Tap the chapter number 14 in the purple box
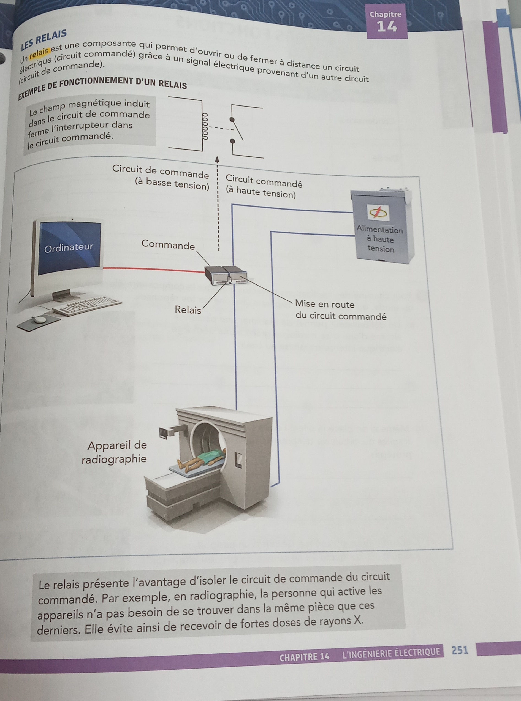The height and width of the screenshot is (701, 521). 387,26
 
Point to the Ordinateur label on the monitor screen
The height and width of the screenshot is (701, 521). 69,248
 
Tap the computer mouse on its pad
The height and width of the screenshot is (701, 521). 40,320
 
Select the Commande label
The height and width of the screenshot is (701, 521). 168,244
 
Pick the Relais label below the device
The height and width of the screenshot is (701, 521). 188,310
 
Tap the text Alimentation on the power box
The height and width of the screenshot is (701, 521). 380,230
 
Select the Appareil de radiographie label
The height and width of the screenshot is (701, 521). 115,452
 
